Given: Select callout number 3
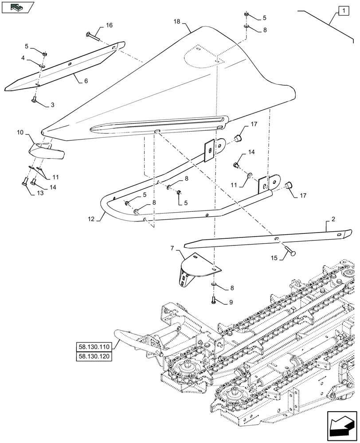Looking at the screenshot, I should [52, 105].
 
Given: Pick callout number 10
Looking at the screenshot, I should [20, 132].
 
